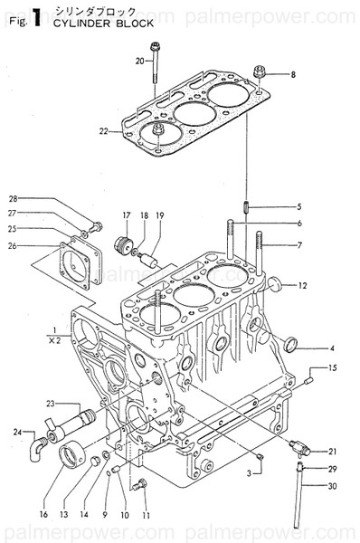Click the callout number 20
tap(140, 61)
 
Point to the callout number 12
tap(303, 286)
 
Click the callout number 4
tap(307, 348)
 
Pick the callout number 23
tap(51, 404)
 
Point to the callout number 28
tap(13, 198)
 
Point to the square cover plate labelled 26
tap(72, 262)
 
